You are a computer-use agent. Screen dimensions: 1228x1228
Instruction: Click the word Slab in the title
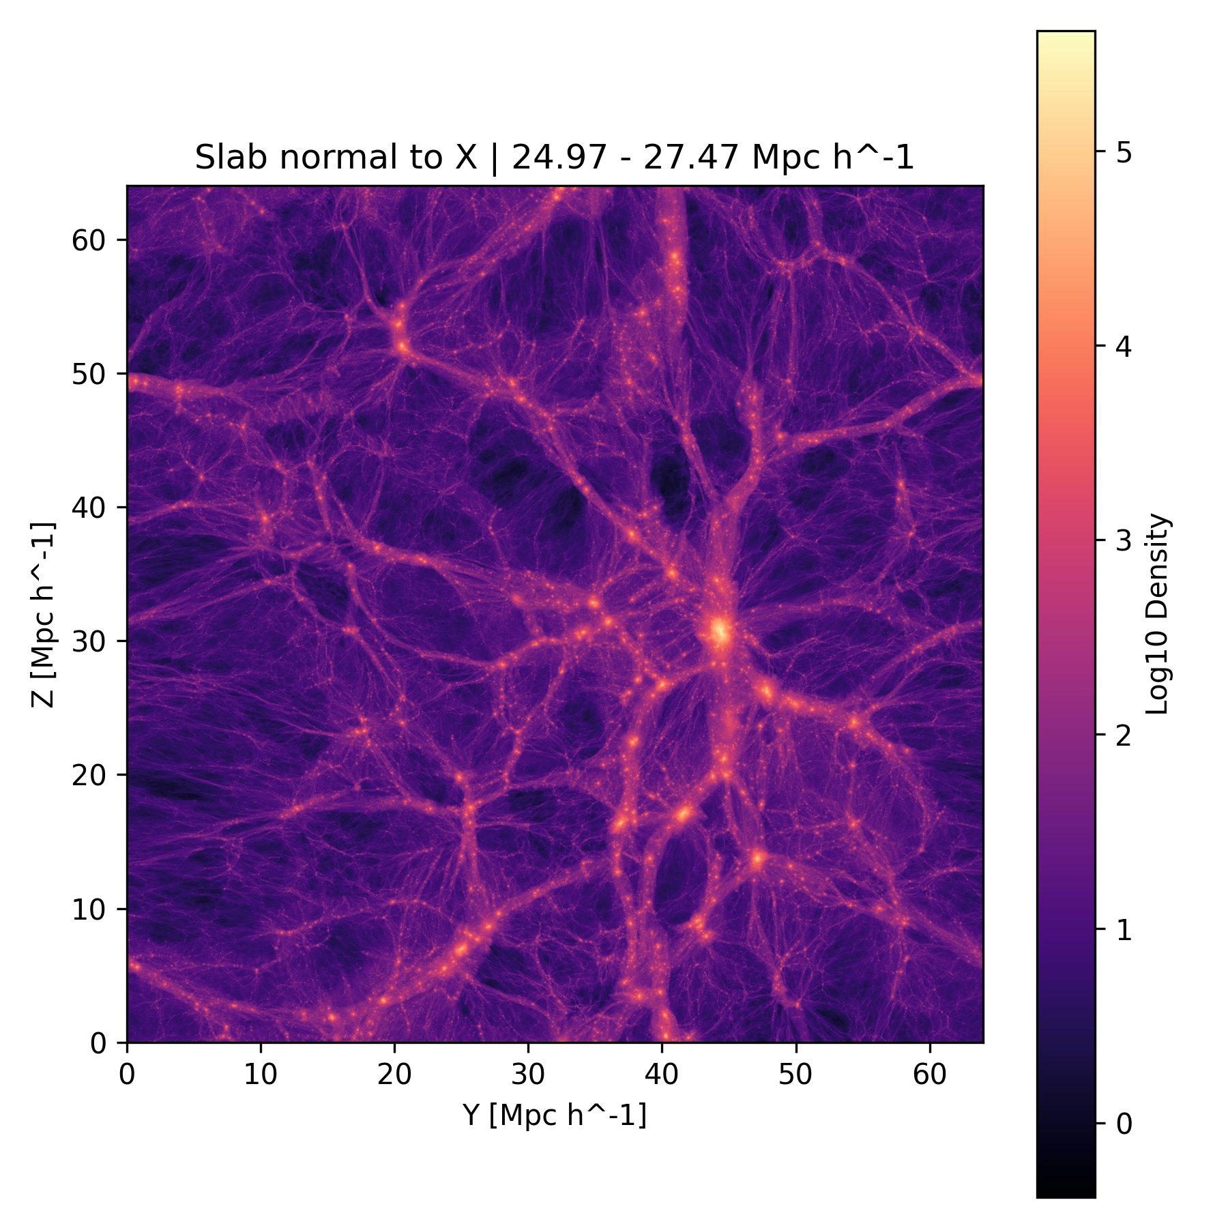(x=229, y=158)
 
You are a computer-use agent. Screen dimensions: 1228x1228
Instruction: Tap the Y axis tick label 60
(x=930, y=1074)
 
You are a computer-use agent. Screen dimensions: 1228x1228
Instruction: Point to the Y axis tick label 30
(x=528, y=1074)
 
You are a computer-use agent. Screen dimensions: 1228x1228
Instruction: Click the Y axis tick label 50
(x=795, y=1074)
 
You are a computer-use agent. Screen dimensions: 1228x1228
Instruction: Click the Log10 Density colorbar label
(x=1158, y=614)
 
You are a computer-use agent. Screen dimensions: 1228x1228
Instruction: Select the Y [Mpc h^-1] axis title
(x=555, y=1115)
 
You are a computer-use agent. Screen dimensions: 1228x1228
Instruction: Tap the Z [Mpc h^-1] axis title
(x=42, y=614)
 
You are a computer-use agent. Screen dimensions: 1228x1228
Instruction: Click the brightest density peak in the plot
(x=719, y=632)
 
